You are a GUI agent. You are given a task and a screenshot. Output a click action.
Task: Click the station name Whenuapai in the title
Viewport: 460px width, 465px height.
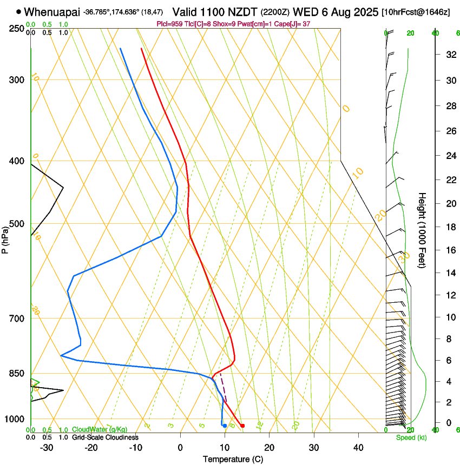(52, 12)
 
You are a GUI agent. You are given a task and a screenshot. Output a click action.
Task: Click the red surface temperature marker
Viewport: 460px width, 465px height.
(242, 426)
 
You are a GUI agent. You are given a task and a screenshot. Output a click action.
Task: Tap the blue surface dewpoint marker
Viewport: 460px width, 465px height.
(225, 426)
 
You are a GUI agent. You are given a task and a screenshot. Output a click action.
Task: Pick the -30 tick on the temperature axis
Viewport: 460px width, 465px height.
(47, 447)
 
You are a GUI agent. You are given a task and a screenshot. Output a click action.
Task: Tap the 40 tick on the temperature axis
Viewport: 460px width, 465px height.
(358, 447)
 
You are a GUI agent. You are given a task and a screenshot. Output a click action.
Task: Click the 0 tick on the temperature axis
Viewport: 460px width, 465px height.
(181, 447)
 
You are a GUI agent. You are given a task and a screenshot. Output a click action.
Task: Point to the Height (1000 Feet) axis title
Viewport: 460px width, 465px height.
(422, 230)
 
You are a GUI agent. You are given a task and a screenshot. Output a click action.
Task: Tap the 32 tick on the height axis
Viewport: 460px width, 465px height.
(449, 54)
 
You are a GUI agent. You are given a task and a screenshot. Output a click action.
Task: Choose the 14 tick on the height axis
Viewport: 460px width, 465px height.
(449, 273)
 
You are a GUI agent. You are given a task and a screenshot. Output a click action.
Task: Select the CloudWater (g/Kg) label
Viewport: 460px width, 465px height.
(100, 429)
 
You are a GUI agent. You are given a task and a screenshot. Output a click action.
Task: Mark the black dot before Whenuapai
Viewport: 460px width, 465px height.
(19, 11)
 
